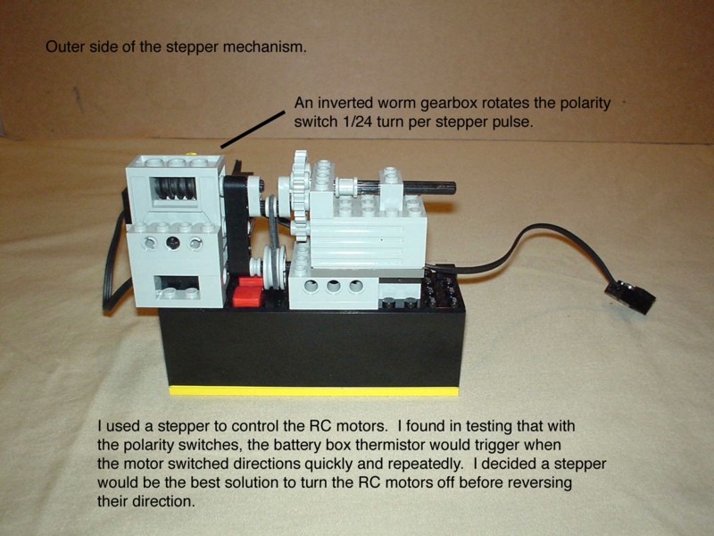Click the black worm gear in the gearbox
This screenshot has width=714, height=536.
[x=174, y=188]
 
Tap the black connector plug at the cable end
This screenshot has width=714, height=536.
[x=630, y=297]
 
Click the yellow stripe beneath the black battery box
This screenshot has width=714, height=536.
[x=314, y=390]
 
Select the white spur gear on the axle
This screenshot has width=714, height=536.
[x=300, y=196]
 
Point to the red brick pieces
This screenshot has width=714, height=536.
[x=247, y=292]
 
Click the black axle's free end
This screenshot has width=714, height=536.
[x=452, y=187]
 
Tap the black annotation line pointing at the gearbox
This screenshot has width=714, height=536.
[x=253, y=130]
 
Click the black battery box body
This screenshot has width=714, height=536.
[x=312, y=347]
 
